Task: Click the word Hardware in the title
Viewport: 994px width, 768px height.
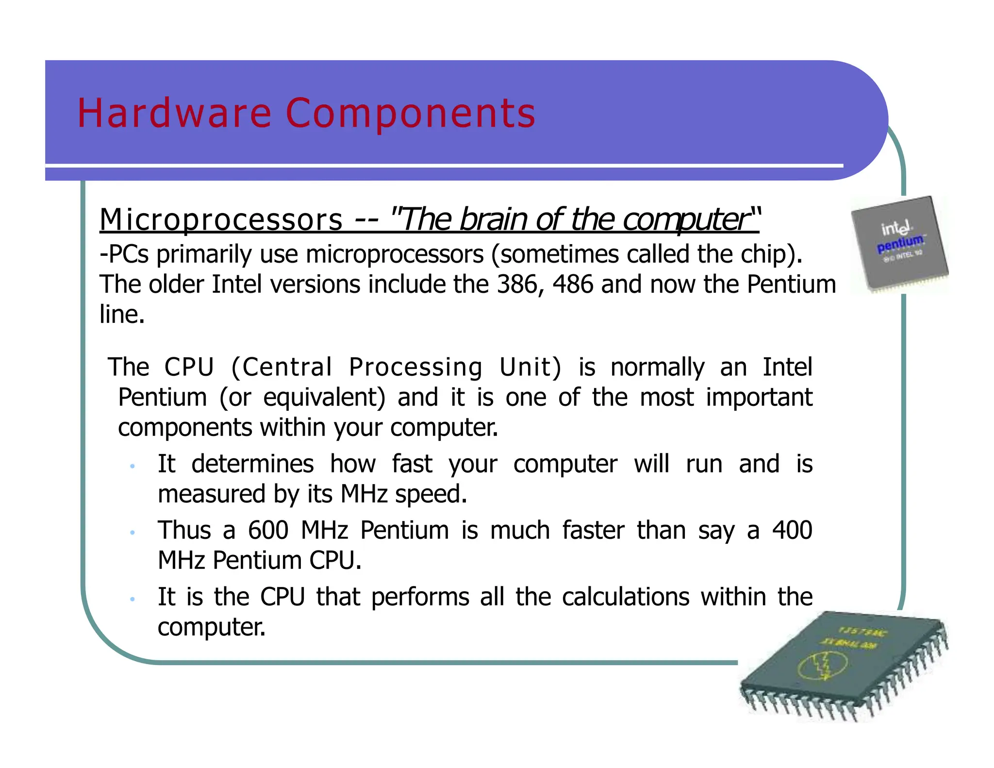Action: tap(174, 113)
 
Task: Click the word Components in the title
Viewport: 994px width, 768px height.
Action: tap(411, 113)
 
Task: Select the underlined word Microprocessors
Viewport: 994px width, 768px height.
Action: tap(221, 219)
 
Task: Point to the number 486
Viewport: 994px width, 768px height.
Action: tap(573, 284)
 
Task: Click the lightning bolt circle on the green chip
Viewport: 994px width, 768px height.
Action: tap(823, 665)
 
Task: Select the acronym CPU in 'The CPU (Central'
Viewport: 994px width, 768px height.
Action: tap(189, 367)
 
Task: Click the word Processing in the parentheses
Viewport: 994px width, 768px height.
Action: tap(415, 367)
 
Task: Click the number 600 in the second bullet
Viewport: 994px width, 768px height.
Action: tap(268, 530)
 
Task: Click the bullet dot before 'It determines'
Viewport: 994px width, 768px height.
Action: tap(132, 467)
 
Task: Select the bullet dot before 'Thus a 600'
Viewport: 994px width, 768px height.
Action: tap(132, 533)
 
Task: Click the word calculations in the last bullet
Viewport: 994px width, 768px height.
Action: tap(626, 597)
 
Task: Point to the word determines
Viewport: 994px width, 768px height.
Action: tap(252, 464)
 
